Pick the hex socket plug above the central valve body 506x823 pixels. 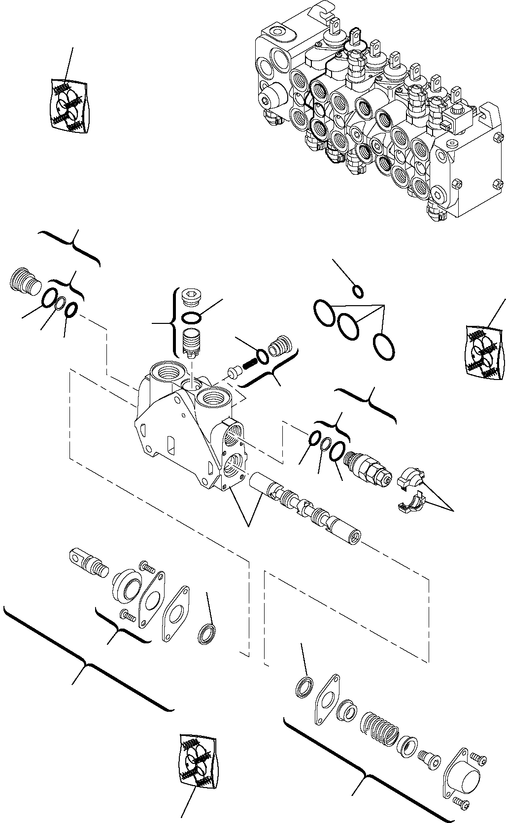click(x=189, y=298)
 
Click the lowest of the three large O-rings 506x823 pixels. click(x=384, y=346)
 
